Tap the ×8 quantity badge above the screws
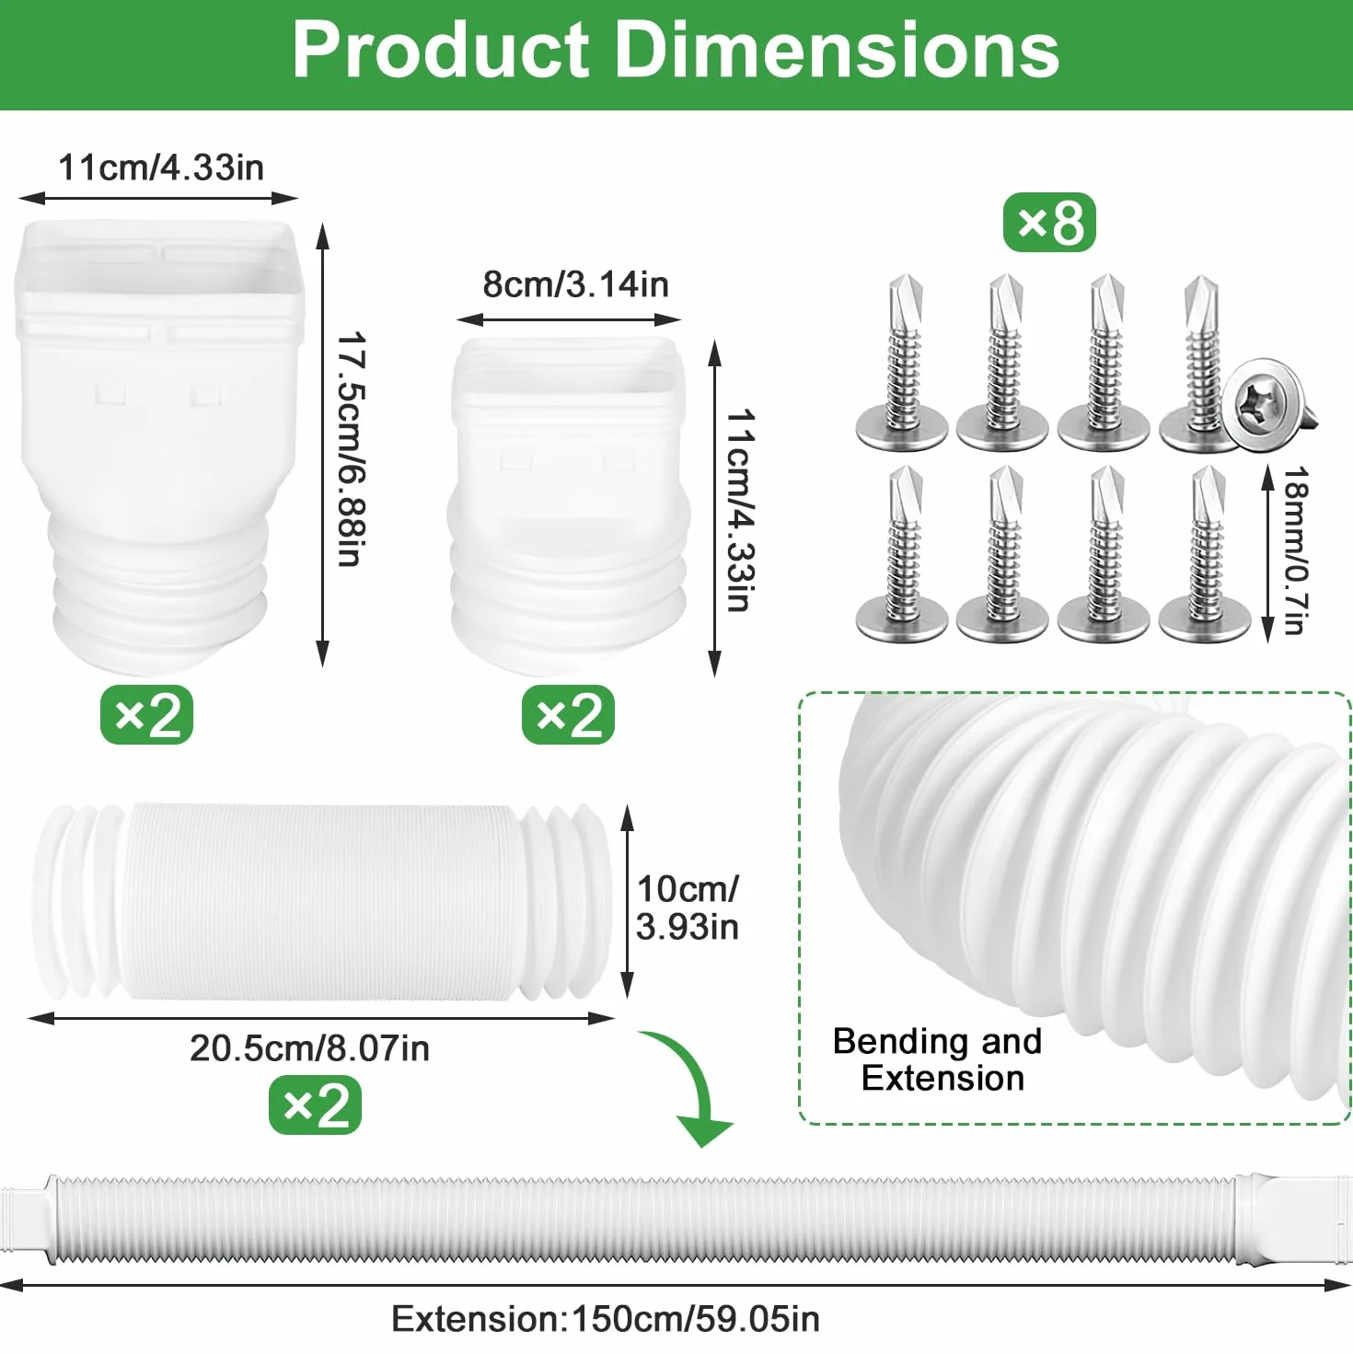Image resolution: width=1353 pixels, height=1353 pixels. click(1049, 223)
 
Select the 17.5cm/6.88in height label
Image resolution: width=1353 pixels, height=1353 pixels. click(350, 448)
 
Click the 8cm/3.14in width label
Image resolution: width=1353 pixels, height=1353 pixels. click(576, 284)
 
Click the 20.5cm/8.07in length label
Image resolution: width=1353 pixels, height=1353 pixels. click(309, 1048)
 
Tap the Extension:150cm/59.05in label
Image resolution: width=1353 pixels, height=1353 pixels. click(606, 1319)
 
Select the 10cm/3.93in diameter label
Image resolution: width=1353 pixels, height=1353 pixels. click(688, 908)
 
